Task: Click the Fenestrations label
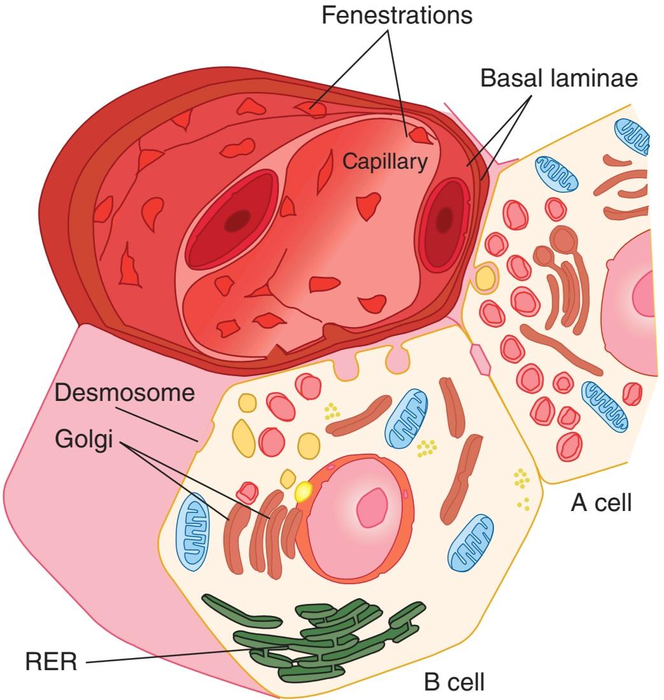397,15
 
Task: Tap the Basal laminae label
558,78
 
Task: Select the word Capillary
385,162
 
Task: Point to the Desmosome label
125,393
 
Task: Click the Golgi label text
84,439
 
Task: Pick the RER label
52,661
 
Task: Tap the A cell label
601,503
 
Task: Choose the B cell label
454,682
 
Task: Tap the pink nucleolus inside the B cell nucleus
372,507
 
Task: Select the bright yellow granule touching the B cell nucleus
304,491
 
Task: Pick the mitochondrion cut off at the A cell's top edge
632,136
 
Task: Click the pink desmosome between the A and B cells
480,360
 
